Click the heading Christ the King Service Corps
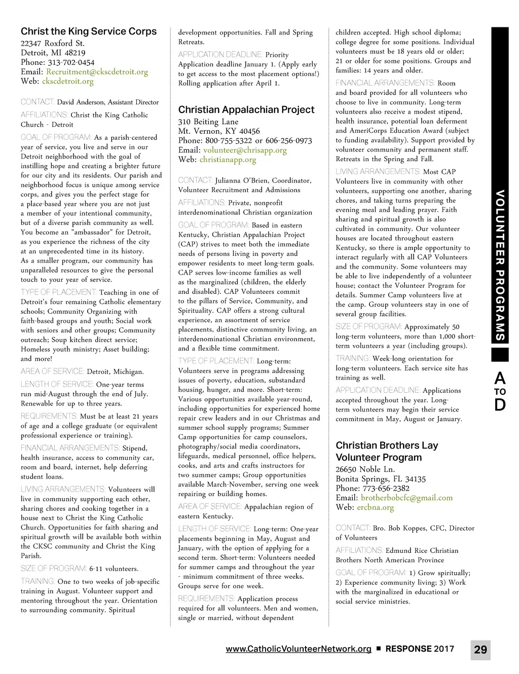click(89, 31)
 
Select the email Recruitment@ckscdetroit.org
click(97, 72)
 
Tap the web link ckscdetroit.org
click(67, 81)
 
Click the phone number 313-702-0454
click(71, 62)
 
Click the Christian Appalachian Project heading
click(246, 109)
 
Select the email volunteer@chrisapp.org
click(245, 150)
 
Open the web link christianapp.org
click(228, 160)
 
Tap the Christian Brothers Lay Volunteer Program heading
click(386, 451)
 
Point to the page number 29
click(480, 650)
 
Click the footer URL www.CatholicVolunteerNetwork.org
click(299, 649)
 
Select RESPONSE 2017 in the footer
click(420, 649)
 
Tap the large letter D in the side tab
click(500, 405)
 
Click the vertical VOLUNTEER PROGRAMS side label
click(500, 266)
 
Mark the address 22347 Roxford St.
click(52, 43)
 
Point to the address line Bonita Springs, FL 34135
click(380, 479)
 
